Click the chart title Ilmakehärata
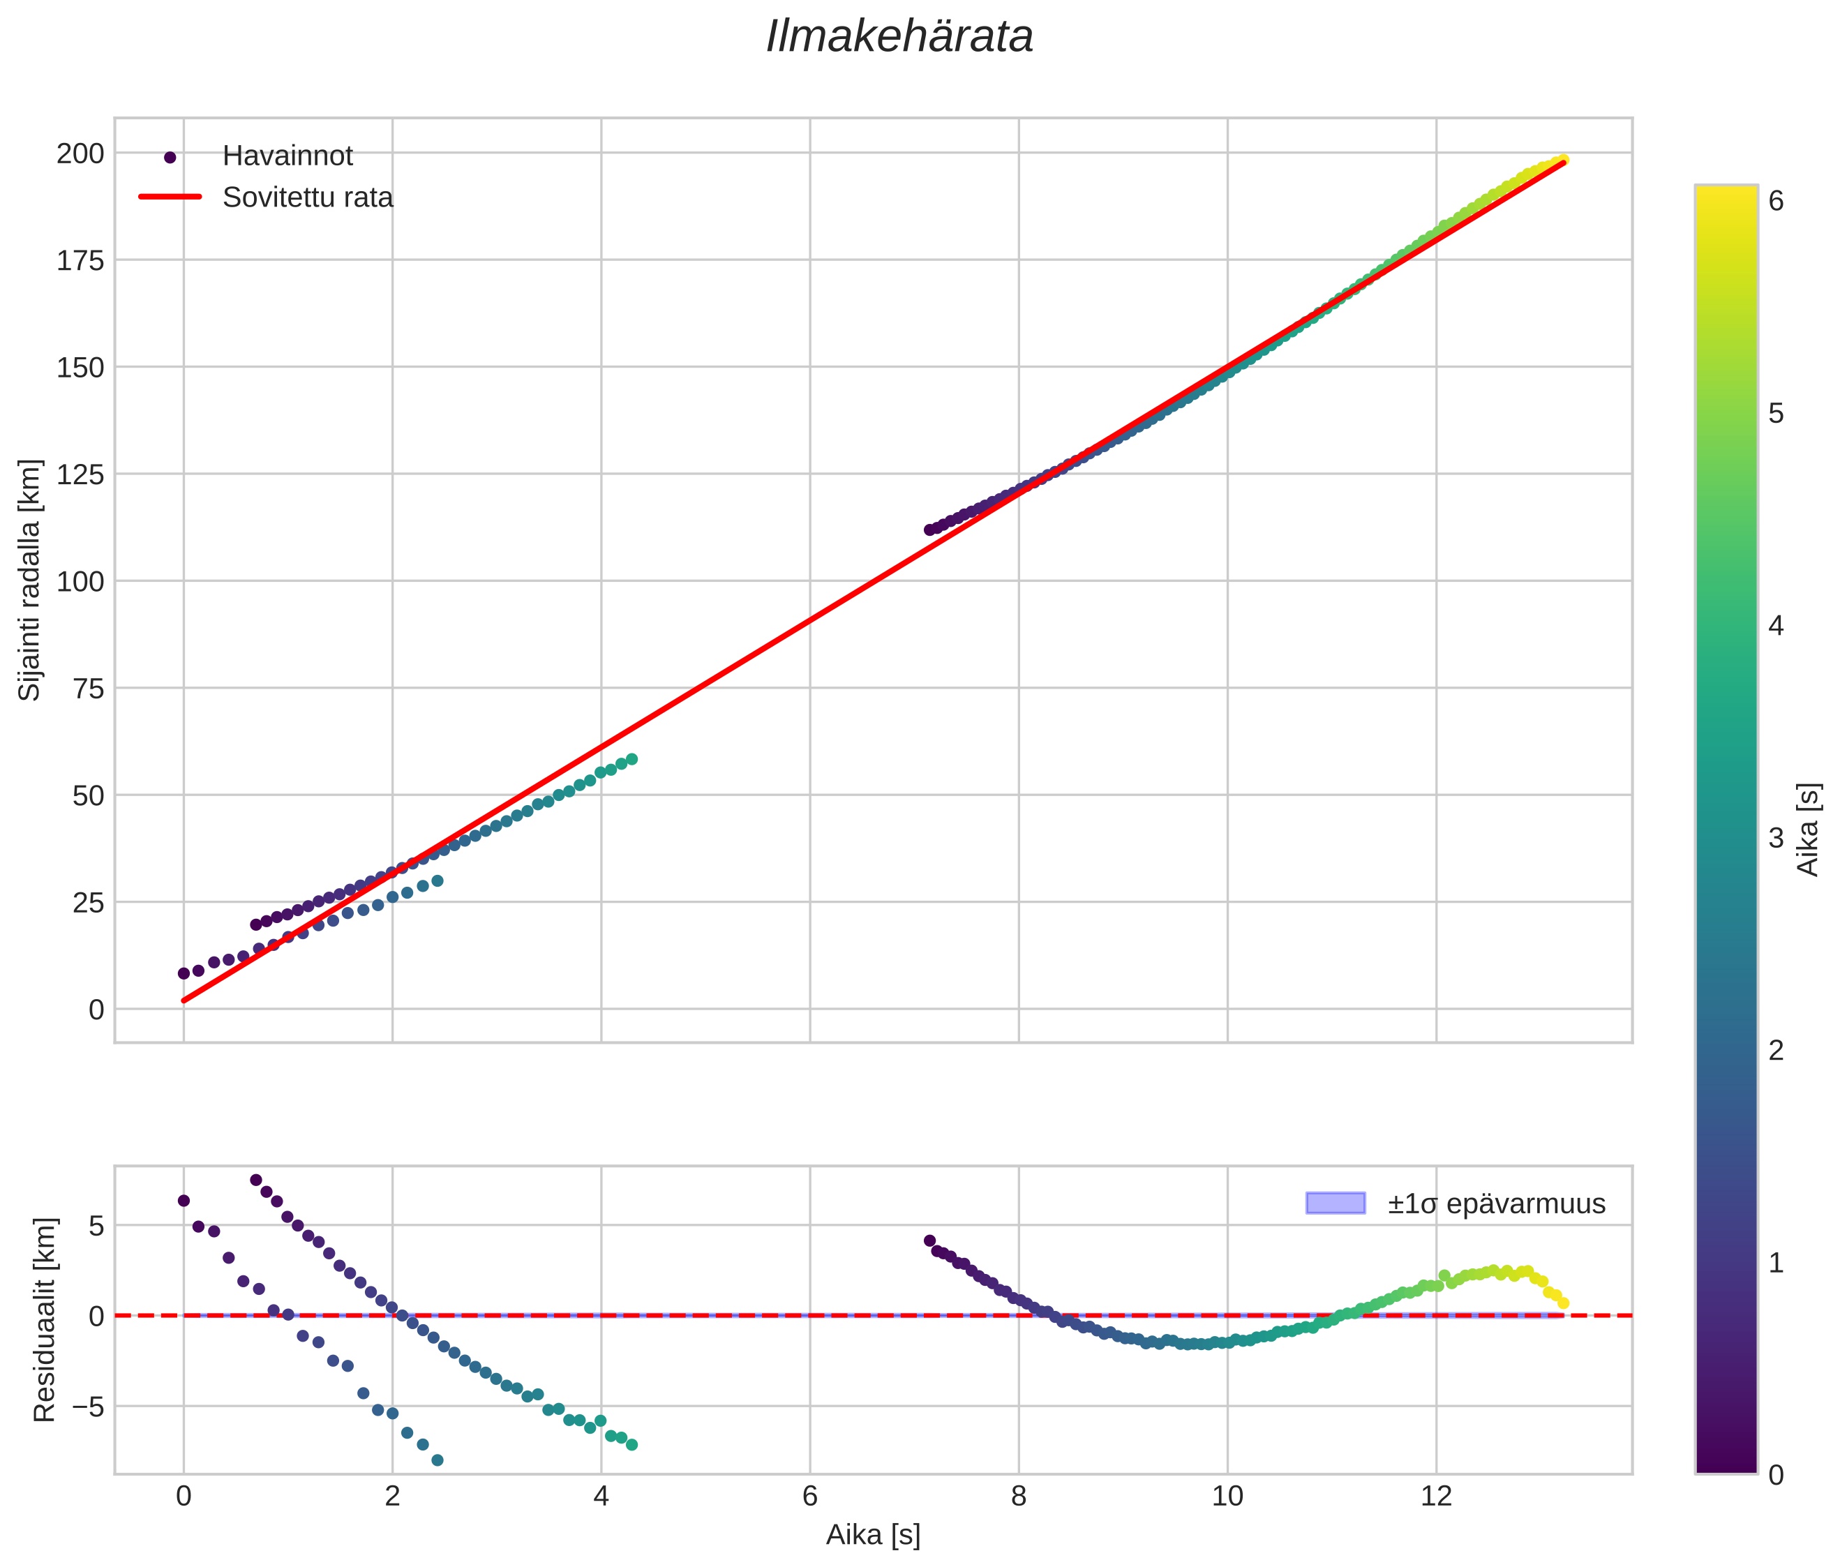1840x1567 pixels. (899, 37)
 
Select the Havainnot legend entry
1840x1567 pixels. (287, 156)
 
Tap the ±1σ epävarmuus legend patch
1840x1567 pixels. (1335, 1204)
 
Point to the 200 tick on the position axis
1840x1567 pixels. (80, 153)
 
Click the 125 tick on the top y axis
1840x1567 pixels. (80, 474)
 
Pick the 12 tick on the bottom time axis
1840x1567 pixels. (1436, 1497)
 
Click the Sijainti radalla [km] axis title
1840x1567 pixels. (29, 580)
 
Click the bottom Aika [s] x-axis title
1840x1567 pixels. (872, 1535)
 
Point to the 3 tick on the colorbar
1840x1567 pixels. (1776, 838)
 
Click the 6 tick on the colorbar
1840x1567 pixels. (1776, 201)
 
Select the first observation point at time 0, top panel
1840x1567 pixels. (184, 973)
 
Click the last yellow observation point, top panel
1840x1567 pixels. (1563, 160)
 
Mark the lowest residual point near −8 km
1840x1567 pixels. (437, 1460)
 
